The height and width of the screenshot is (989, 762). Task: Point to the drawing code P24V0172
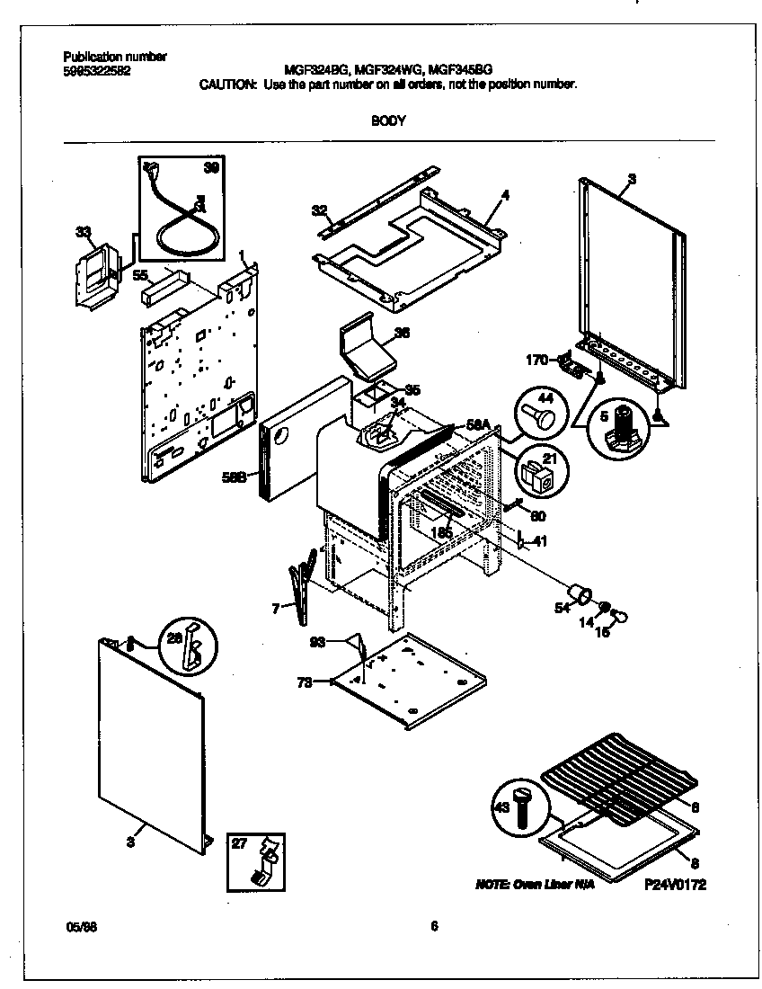pyautogui.click(x=675, y=885)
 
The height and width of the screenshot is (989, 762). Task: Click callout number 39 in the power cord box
pyautogui.click(x=210, y=168)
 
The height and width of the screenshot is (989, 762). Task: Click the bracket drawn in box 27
pyautogui.click(x=265, y=860)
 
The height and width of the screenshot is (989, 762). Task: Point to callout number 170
pyautogui.click(x=537, y=361)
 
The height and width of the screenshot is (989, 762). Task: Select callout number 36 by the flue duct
pyautogui.click(x=403, y=332)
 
